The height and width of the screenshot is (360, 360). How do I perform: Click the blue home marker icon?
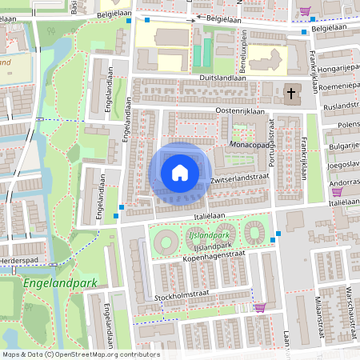[x=180, y=172]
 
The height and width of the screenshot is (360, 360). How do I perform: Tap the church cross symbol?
[x=289, y=94]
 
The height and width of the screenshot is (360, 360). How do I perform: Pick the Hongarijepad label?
[x=339, y=70]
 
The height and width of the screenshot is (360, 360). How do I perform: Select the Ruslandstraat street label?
[x=340, y=105]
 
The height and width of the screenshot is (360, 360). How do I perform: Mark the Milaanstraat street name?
[x=318, y=310]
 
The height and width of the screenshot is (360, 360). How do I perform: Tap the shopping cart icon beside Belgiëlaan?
[x=304, y=11]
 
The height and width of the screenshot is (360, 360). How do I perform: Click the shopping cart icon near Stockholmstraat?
[x=259, y=306]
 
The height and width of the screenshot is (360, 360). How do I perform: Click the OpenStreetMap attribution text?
[x=80, y=354]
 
